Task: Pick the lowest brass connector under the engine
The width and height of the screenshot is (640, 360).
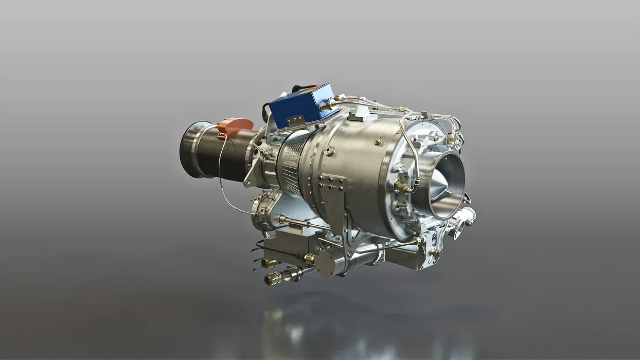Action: click(x=272, y=279)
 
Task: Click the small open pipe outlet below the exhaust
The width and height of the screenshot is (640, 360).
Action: click(x=457, y=229)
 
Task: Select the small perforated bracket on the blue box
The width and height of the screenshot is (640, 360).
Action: click(x=294, y=121)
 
